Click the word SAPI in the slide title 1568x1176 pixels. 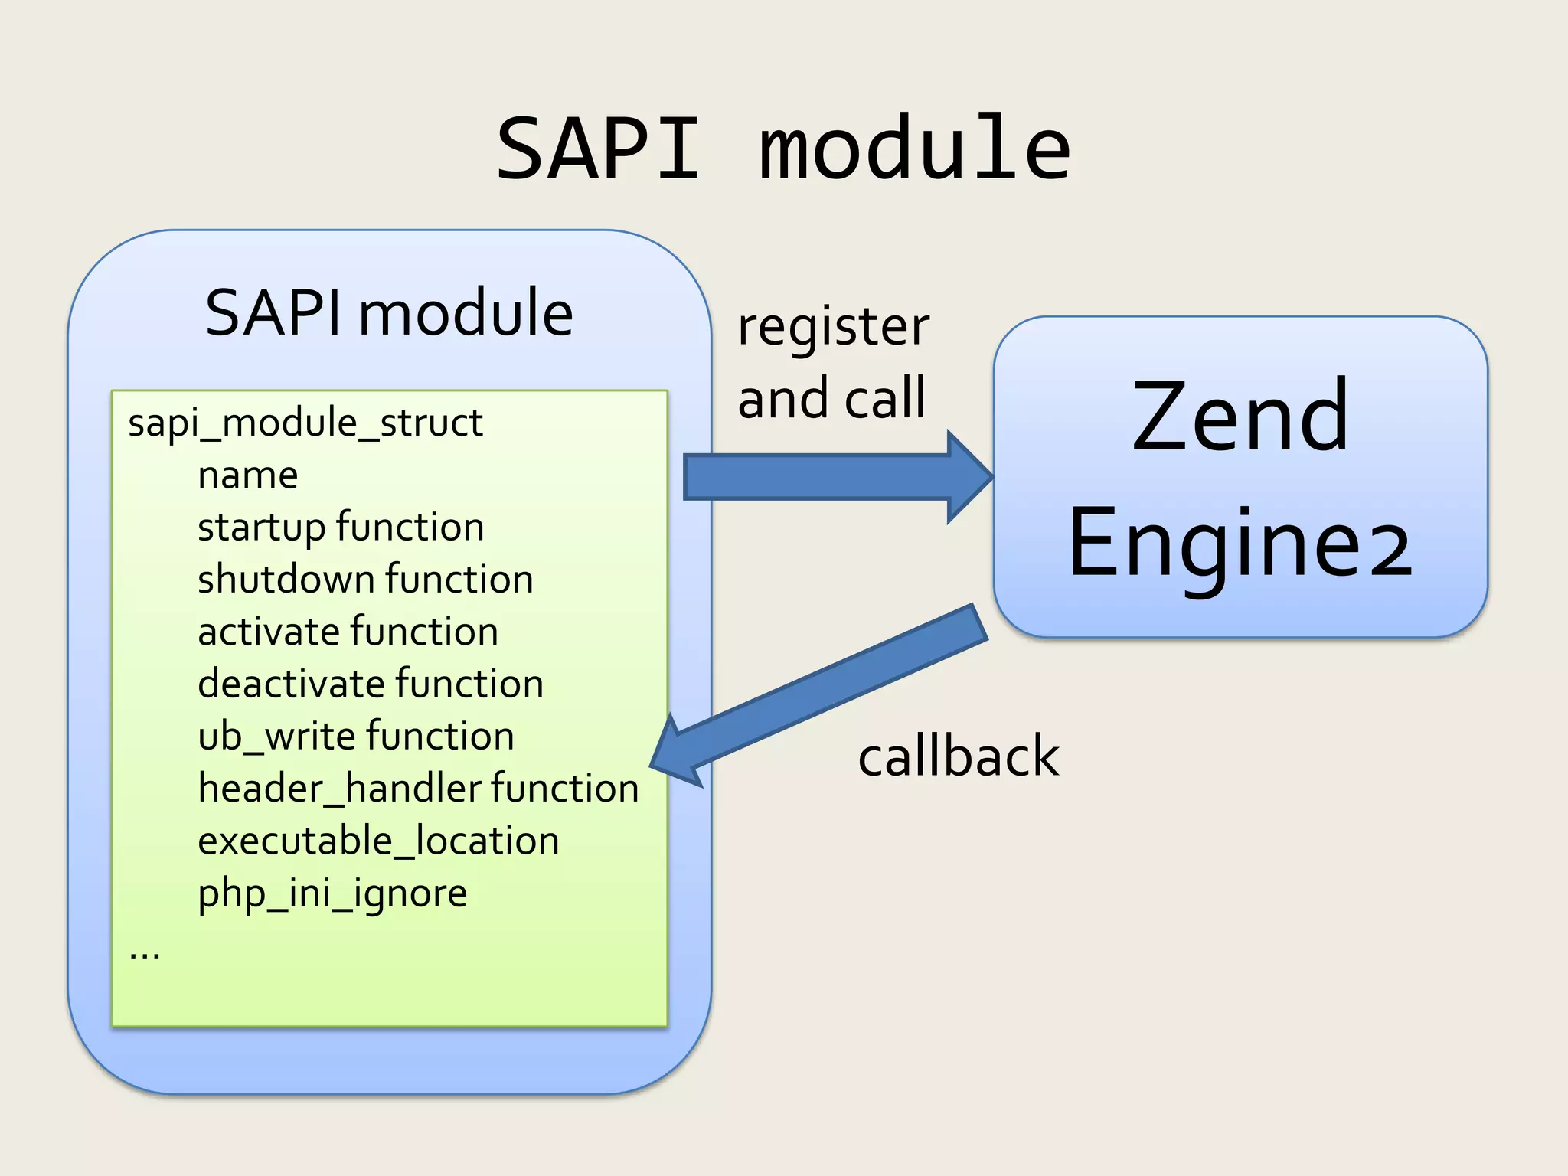[x=598, y=149]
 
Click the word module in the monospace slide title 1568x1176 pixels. [x=915, y=149]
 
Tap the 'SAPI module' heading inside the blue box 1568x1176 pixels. [x=389, y=313]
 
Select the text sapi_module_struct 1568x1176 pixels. [x=305, y=423]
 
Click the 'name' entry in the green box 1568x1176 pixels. [x=247, y=475]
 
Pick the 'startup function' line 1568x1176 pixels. [x=341, y=528]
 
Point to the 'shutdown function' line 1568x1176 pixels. [x=365, y=580]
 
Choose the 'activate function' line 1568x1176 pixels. [x=348, y=632]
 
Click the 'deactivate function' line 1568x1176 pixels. [x=371, y=684]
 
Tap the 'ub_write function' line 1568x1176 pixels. [x=355, y=736]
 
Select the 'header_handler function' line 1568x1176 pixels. [x=418, y=788]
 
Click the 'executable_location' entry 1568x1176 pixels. [x=378, y=841]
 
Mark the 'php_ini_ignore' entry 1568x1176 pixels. [x=332, y=893]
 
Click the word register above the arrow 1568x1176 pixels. [x=833, y=328]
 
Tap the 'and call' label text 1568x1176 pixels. [x=831, y=398]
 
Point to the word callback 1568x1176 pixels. [x=958, y=756]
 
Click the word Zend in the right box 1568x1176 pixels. [x=1240, y=417]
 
